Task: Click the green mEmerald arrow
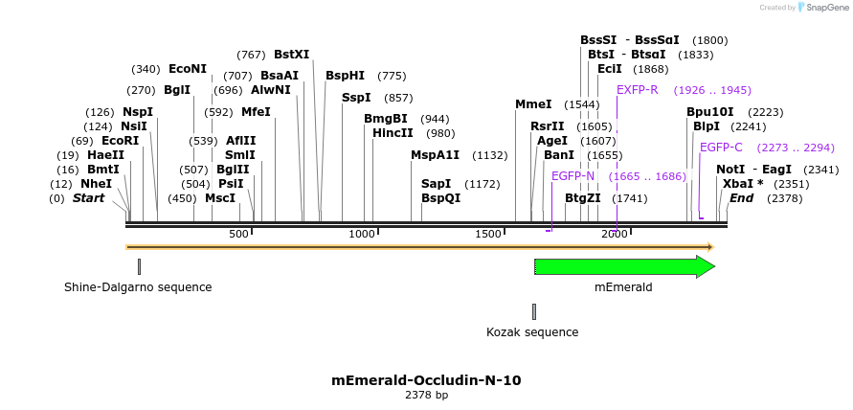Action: (x=623, y=267)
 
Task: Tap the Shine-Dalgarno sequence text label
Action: (x=138, y=287)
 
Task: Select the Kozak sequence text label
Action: (x=532, y=332)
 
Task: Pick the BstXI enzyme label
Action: (x=292, y=55)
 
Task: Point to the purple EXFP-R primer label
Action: (x=637, y=90)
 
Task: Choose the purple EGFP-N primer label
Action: (x=572, y=176)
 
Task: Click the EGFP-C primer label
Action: (x=721, y=148)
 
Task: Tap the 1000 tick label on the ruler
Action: (x=362, y=235)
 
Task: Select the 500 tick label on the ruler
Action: (x=238, y=235)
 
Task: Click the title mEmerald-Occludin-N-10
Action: (x=426, y=380)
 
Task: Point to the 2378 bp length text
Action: (x=426, y=395)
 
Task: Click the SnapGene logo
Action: (x=819, y=8)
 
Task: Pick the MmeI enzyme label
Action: (x=533, y=104)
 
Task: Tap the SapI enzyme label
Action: (x=437, y=184)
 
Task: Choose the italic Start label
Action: (x=88, y=198)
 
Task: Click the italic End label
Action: (x=741, y=198)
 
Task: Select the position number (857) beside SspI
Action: (x=398, y=98)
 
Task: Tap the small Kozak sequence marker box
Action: (x=533, y=311)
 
